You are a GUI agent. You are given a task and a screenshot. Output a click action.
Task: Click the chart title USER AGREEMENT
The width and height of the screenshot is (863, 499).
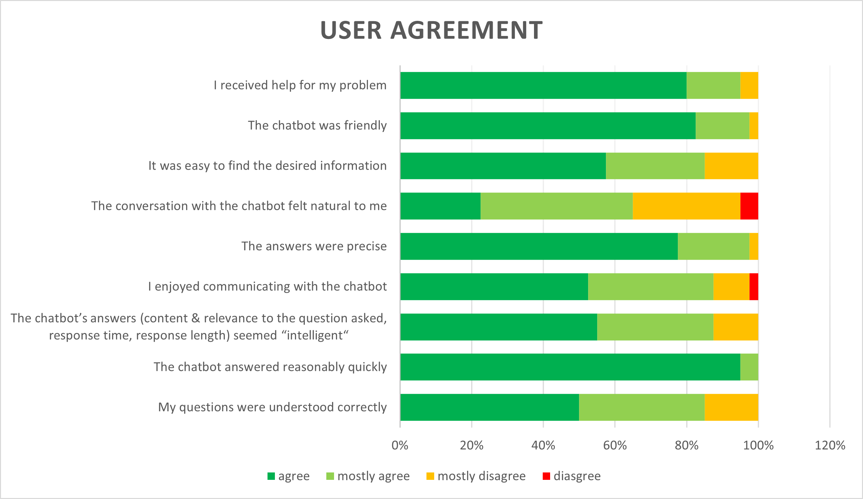[x=431, y=30]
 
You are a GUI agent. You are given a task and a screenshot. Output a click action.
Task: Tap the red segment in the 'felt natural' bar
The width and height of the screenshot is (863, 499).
[x=749, y=206]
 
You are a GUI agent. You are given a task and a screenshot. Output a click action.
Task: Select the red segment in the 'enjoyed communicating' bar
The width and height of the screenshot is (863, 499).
[x=753, y=286]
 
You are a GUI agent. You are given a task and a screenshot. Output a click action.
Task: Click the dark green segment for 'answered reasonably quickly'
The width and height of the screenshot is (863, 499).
[x=570, y=367]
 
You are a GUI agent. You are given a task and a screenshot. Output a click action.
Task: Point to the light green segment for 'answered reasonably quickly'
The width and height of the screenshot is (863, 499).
[x=749, y=367]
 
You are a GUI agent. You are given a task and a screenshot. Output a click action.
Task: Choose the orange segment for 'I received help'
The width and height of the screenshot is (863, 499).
[x=749, y=85]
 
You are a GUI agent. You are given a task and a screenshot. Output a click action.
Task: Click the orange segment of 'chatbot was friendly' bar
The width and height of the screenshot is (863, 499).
[x=753, y=125]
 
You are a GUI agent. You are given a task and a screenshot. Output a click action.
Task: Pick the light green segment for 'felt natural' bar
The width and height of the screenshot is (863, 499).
[x=557, y=206]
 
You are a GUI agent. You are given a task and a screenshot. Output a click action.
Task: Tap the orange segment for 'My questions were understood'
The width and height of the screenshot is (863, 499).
[x=731, y=407]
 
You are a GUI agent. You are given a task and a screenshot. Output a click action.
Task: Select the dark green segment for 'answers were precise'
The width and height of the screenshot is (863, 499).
[x=539, y=246]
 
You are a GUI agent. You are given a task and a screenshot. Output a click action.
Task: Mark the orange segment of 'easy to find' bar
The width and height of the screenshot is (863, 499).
[x=731, y=166]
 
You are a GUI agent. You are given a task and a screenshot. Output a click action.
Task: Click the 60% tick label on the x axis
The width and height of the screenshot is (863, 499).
[x=615, y=445]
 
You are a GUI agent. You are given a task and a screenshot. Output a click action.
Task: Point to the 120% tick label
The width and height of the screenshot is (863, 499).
[x=830, y=445]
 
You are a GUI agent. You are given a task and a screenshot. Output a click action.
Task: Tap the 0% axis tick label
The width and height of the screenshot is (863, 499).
[x=400, y=445]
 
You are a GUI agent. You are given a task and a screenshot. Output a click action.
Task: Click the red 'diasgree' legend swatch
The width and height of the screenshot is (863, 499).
[x=546, y=476]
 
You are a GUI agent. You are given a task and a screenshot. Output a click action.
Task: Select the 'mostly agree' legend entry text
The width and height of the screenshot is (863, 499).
[x=373, y=476]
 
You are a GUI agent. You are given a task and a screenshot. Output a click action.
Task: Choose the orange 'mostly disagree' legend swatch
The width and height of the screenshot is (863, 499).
[x=430, y=476]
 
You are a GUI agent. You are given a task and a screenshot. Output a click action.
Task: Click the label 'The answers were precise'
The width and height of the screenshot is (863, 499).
[x=314, y=246]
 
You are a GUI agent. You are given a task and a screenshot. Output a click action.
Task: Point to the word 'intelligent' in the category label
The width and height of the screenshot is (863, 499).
[x=315, y=335]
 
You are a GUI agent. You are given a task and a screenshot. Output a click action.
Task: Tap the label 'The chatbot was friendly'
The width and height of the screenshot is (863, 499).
[x=317, y=125]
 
